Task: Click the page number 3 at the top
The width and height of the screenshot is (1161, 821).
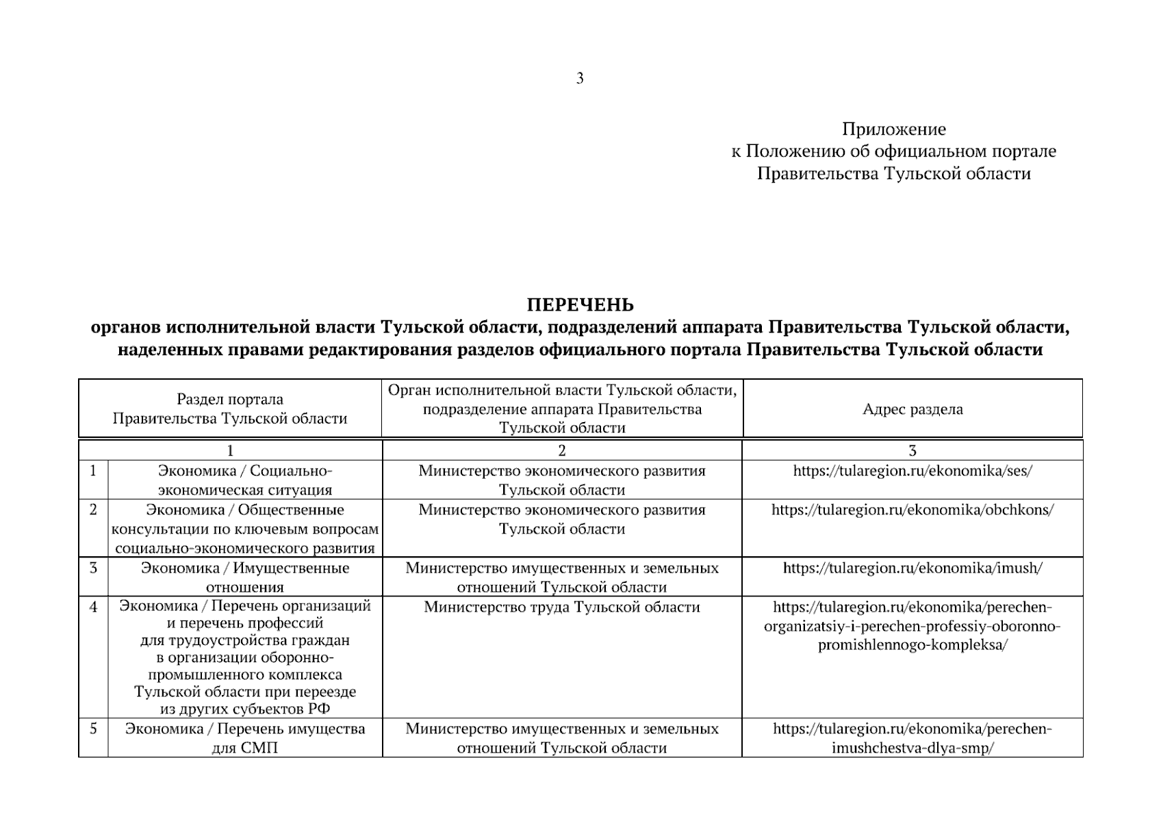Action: pyautogui.click(x=580, y=79)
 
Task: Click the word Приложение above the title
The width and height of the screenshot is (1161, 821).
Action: pyautogui.click(x=893, y=129)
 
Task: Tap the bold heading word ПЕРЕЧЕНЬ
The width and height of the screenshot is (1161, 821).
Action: pyautogui.click(x=580, y=304)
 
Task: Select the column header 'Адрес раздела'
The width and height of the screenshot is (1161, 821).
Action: pyautogui.click(x=913, y=409)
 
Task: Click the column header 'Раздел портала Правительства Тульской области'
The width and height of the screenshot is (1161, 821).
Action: pyautogui.click(x=230, y=409)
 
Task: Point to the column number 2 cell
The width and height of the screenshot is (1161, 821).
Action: pyautogui.click(x=562, y=450)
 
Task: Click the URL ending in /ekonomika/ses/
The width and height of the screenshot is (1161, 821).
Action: pyautogui.click(x=913, y=471)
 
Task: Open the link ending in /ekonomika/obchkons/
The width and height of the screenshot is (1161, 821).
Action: pyautogui.click(x=913, y=510)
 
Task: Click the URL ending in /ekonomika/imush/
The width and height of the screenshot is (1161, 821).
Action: pyautogui.click(x=913, y=568)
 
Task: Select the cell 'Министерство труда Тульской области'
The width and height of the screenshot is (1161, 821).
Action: pyautogui.click(x=562, y=607)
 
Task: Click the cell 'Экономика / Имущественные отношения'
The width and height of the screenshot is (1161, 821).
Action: pyautogui.click(x=245, y=577)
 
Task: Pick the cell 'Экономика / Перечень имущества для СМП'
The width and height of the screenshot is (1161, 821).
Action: pyautogui.click(x=245, y=738)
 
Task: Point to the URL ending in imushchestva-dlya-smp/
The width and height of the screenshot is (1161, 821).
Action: pyautogui.click(x=913, y=738)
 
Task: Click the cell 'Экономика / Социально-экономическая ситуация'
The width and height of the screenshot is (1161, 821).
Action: pyautogui.click(x=245, y=480)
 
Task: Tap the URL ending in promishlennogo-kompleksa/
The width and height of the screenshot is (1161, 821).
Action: pyautogui.click(x=913, y=626)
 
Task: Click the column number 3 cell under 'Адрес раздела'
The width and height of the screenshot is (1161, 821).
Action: pyautogui.click(x=913, y=450)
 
